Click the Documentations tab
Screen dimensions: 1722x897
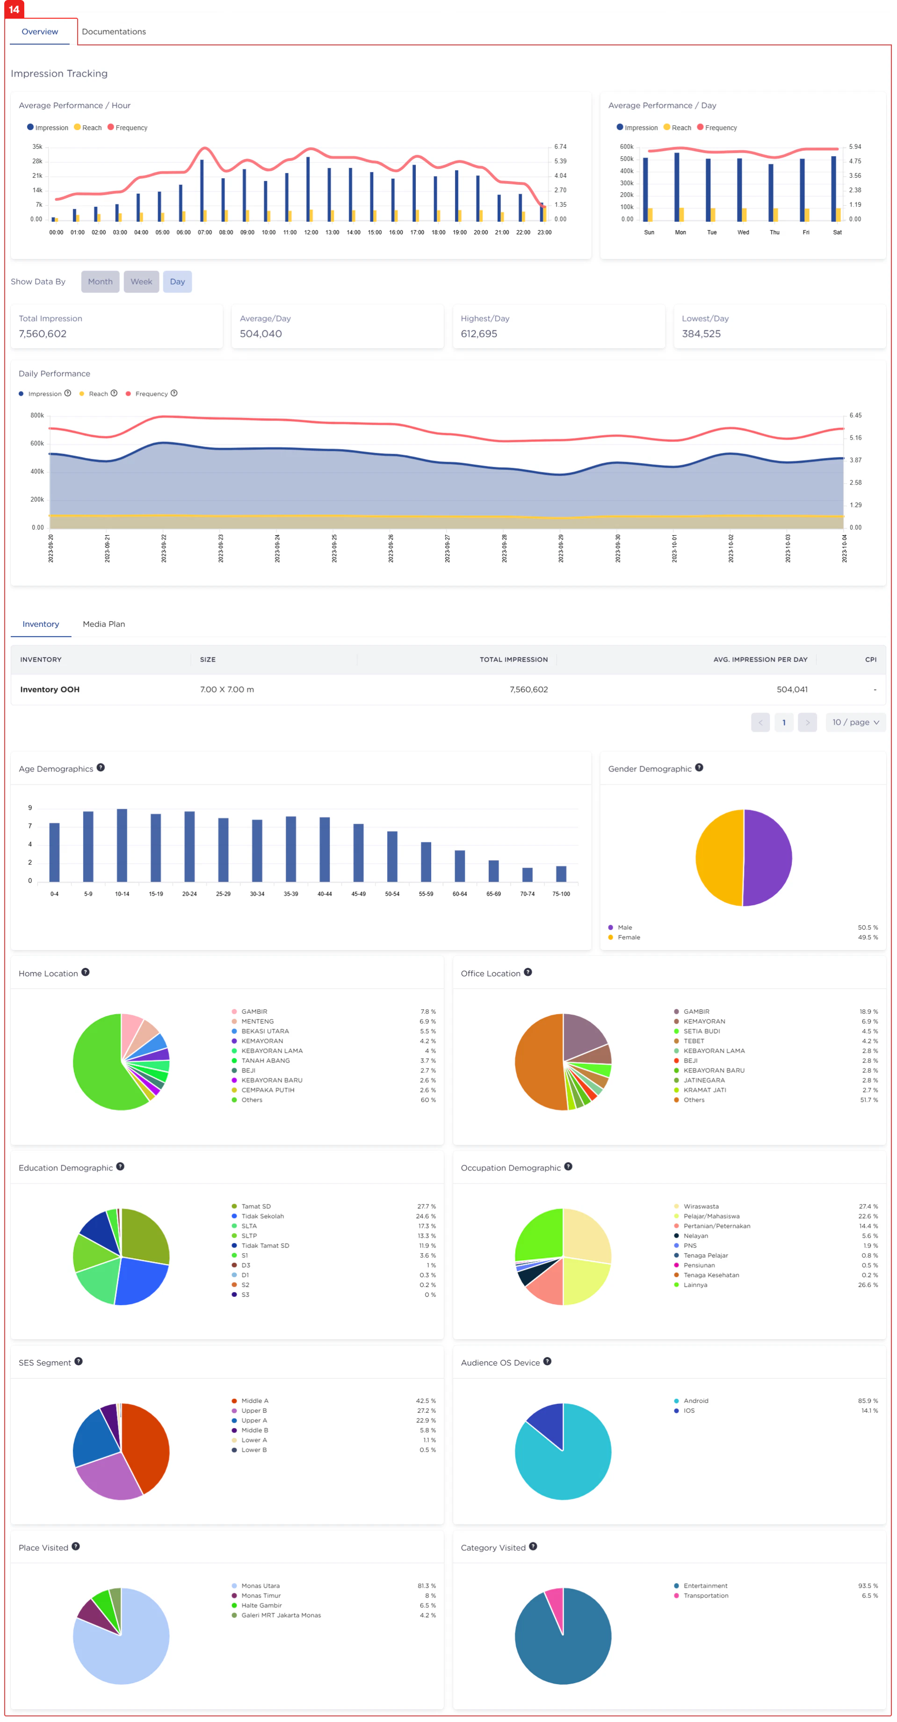(x=114, y=31)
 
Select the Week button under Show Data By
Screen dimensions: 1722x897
(x=141, y=282)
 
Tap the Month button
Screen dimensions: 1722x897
(x=100, y=282)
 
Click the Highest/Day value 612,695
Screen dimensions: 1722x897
(x=478, y=334)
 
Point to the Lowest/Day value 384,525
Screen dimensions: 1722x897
(x=701, y=334)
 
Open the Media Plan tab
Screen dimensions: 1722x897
(x=104, y=624)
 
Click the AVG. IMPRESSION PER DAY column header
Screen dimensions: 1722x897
(x=760, y=659)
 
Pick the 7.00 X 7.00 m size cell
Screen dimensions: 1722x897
(x=227, y=689)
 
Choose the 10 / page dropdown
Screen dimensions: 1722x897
(x=855, y=722)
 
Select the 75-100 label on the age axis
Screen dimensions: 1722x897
(x=561, y=894)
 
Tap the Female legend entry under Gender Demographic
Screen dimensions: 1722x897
(x=628, y=937)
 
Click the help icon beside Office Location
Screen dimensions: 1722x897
(x=528, y=972)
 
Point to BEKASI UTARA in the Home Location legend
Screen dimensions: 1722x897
(x=265, y=1031)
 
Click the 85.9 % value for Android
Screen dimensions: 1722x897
(x=868, y=1401)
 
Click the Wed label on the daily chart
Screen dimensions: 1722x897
(x=743, y=233)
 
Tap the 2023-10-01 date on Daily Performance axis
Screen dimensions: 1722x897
(x=674, y=548)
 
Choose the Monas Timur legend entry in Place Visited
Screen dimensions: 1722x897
(x=260, y=1596)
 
